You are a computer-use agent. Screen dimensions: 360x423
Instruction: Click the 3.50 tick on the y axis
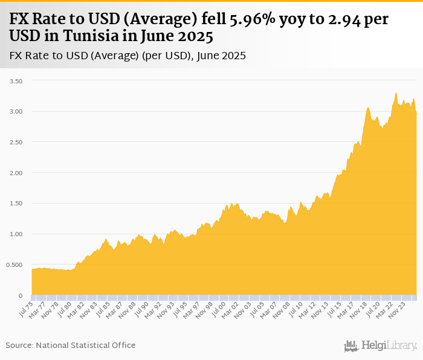tap(15, 81)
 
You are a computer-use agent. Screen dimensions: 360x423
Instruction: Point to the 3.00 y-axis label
tap(15, 112)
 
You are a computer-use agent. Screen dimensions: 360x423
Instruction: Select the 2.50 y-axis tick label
tap(15, 143)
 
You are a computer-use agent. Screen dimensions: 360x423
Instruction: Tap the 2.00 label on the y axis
tap(15, 173)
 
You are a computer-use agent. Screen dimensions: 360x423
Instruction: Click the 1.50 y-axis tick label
tap(15, 204)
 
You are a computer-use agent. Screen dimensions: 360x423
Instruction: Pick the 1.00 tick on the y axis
tap(15, 234)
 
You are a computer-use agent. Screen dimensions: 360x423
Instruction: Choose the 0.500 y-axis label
tap(13, 265)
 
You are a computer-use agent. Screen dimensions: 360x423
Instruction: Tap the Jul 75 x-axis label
tap(26, 309)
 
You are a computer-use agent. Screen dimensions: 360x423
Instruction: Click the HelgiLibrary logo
tap(381, 346)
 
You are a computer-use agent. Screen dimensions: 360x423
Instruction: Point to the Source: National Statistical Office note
tap(71, 345)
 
